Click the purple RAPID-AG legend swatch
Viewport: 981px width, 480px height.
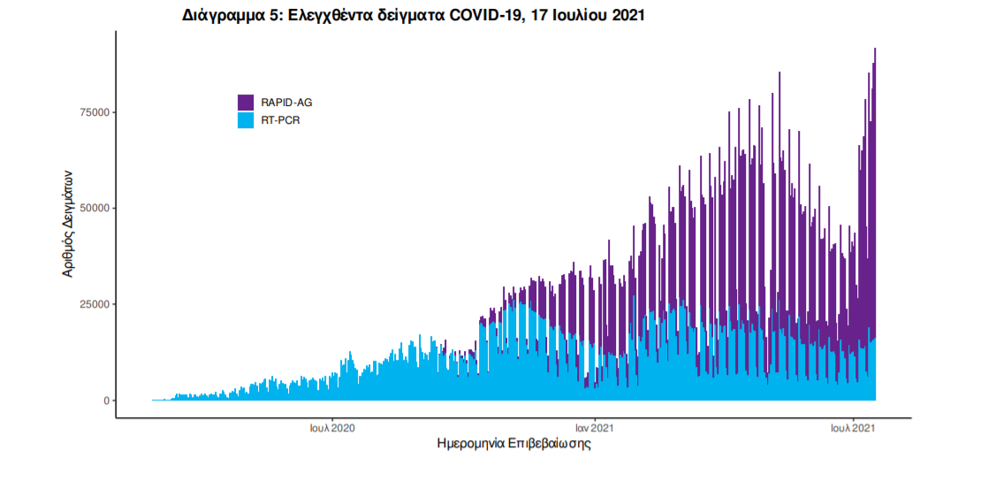pyautogui.click(x=246, y=103)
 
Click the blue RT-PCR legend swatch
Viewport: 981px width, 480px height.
pyautogui.click(x=246, y=119)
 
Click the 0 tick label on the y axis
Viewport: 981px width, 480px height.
pyautogui.click(x=106, y=400)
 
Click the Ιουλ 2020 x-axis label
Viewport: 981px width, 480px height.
pyautogui.click(x=332, y=429)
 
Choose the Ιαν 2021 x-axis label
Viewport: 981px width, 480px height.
pyautogui.click(x=595, y=429)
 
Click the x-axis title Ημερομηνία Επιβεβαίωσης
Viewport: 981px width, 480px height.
pyautogui.click(x=513, y=445)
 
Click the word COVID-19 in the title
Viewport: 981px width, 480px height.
pyautogui.click(x=478, y=16)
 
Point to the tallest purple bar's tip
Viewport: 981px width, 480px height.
pyautogui.click(x=875, y=50)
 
